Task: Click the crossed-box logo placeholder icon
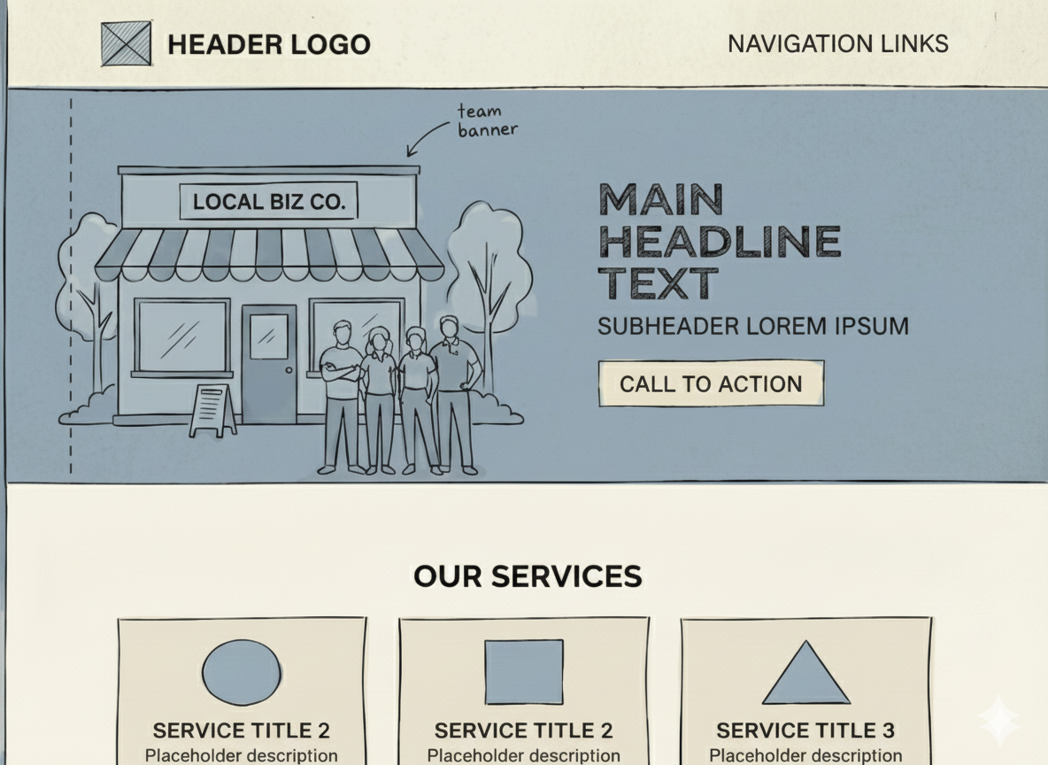pos(126,44)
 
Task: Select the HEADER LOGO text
pos(268,44)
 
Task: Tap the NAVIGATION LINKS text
pos(837,43)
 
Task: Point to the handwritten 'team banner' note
pos(486,120)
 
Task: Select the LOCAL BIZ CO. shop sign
pos(268,202)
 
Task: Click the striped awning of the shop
pos(268,254)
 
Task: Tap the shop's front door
pos(269,363)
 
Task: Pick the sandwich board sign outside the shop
pos(212,410)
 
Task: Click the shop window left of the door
pos(181,336)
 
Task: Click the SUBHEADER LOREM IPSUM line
pos(752,326)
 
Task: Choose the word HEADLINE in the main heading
pos(719,242)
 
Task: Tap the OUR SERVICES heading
pos(528,576)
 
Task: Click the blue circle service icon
pos(242,673)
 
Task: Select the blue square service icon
pos(524,672)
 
